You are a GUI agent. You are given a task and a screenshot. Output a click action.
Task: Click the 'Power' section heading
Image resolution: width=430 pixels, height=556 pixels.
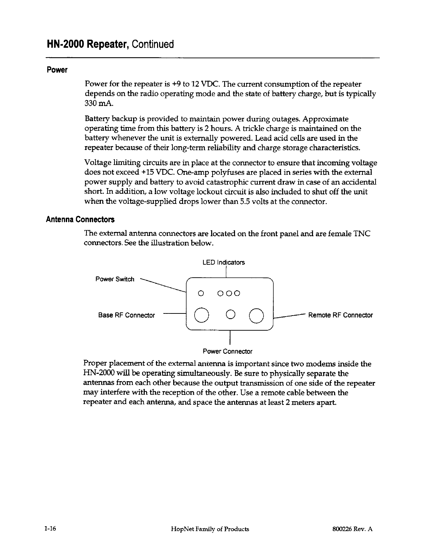click(x=57, y=70)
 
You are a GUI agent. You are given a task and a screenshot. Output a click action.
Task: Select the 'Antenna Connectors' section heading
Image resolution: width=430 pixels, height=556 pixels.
click(x=80, y=220)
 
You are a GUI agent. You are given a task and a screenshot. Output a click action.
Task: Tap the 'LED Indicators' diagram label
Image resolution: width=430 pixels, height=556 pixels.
click(x=223, y=263)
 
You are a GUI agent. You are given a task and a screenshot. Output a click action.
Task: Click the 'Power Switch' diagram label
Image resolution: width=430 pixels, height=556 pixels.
click(x=115, y=279)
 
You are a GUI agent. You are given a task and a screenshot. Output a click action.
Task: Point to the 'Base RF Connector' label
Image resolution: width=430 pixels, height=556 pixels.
click(x=126, y=315)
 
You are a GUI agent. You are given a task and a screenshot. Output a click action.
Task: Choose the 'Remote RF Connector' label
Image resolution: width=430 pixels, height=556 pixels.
click(x=340, y=315)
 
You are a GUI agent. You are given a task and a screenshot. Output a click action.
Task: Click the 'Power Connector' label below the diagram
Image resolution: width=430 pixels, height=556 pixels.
click(x=227, y=351)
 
